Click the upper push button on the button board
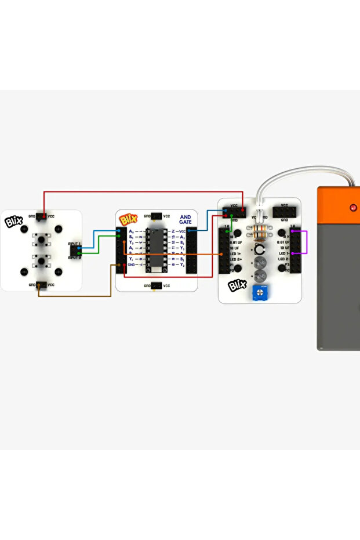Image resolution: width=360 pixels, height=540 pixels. (42, 239)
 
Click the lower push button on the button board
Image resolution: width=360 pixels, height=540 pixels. (42, 259)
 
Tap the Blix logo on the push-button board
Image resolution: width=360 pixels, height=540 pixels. (13, 221)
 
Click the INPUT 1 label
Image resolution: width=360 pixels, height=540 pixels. (74, 244)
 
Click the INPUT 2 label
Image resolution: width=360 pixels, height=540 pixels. (74, 258)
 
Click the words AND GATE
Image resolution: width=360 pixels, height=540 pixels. (186, 219)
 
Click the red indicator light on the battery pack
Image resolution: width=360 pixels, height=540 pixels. (353, 207)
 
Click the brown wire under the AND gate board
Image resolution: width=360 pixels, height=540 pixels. (75, 296)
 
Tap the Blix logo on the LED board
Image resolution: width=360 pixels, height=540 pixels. (238, 285)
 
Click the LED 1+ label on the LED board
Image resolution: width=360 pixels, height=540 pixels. (234, 253)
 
